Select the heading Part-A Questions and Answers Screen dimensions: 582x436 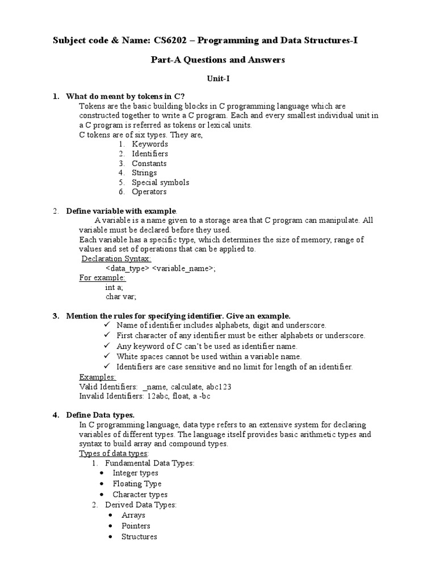tap(217, 60)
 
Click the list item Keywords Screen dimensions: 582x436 tap(150, 144)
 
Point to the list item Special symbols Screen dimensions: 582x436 tap(160, 182)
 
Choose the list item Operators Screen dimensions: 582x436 tap(149, 192)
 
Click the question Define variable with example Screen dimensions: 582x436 tap(121, 211)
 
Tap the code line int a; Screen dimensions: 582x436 tap(114, 288)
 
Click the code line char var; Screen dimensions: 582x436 tap(121, 297)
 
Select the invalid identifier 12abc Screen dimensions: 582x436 tap(159, 396)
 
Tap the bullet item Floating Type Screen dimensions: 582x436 tap(137, 484)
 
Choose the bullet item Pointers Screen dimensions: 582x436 tap(136, 526)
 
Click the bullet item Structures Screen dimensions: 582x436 tap(139, 536)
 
